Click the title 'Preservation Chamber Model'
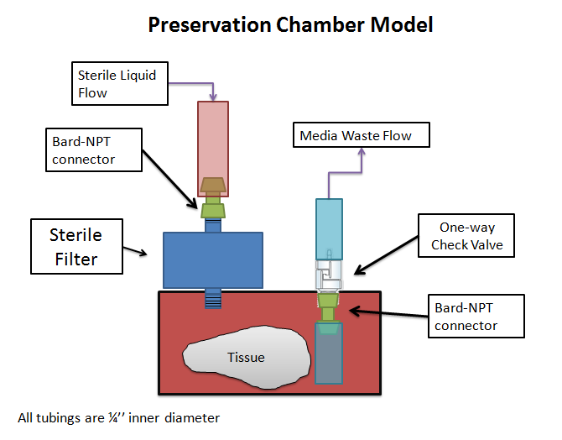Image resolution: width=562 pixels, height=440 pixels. (290, 25)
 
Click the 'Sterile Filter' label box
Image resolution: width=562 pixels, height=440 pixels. (75, 248)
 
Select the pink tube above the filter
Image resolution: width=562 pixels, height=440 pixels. (213, 139)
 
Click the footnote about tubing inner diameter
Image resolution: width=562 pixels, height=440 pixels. (118, 417)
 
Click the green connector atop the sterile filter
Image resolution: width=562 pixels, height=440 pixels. (213, 208)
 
